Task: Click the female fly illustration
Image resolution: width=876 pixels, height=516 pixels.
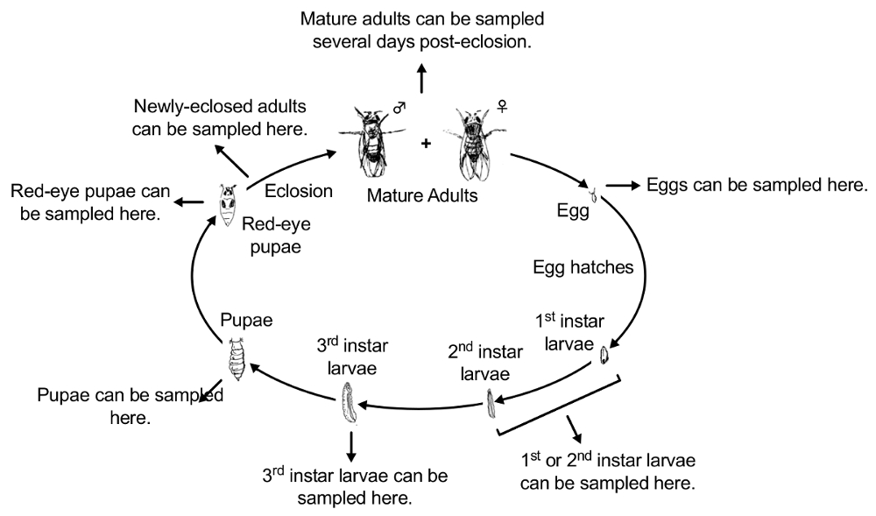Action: tap(473, 140)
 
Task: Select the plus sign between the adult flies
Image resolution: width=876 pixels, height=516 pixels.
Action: tap(427, 143)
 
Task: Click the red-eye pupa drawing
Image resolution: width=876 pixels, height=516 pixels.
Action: tap(229, 206)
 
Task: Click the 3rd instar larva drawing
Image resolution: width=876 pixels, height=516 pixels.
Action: tap(348, 402)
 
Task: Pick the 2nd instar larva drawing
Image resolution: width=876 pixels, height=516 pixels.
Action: tap(491, 403)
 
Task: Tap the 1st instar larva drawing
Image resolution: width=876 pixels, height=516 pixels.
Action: tap(604, 356)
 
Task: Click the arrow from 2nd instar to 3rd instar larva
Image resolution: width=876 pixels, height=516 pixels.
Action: tap(420, 406)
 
